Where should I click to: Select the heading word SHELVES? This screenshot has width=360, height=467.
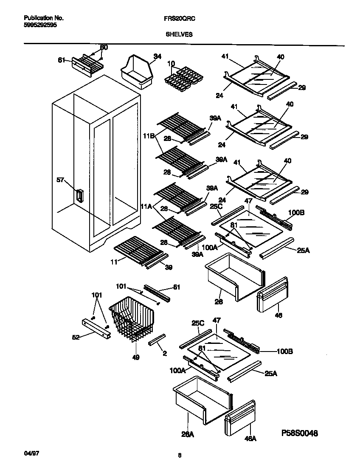pyautogui.click(x=179, y=34)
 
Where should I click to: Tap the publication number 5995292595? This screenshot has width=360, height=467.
pyautogui.click(x=40, y=25)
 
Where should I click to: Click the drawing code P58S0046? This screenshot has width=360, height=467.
pyautogui.click(x=299, y=433)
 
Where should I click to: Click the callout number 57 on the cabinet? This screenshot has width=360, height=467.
pyautogui.click(x=61, y=180)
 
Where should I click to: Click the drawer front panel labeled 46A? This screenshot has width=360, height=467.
pyautogui.click(x=240, y=418)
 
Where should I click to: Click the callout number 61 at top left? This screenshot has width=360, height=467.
pyautogui.click(x=62, y=60)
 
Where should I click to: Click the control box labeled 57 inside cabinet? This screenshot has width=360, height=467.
pyautogui.click(x=79, y=196)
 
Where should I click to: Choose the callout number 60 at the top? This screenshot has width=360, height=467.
pyautogui.click(x=104, y=47)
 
